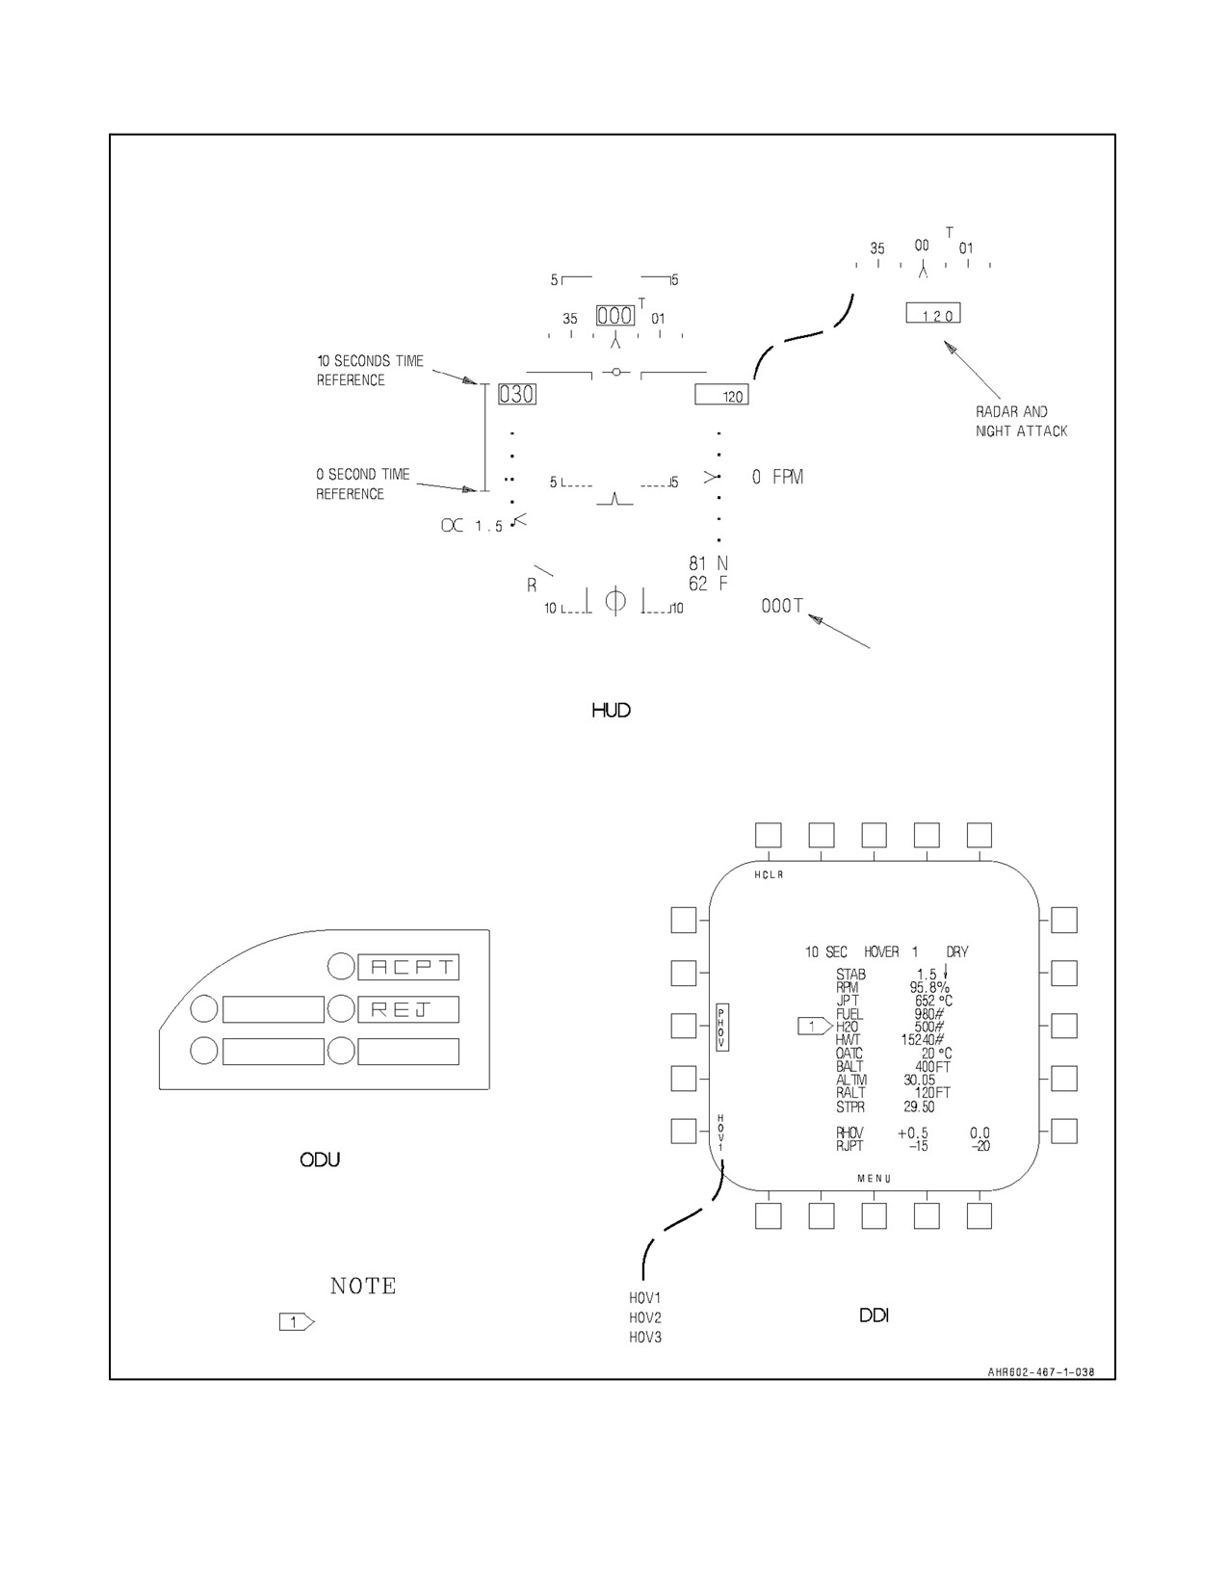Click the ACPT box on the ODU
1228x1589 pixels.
click(x=408, y=967)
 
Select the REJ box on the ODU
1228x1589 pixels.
click(x=408, y=1009)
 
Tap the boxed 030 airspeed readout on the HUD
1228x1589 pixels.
click(x=517, y=394)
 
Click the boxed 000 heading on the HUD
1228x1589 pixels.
click(x=615, y=315)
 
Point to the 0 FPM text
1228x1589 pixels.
click(x=777, y=477)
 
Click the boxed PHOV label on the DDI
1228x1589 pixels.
click(x=722, y=1028)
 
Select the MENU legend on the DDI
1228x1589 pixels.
click(x=874, y=1178)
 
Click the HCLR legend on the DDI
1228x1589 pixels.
click(x=769, y=874)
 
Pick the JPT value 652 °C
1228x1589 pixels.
click(x=933, y=1001)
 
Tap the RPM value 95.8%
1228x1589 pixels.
click(x=929, y=987)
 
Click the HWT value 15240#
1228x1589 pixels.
click(x=923, y=1039)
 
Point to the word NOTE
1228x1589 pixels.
click(x=363, y=1286)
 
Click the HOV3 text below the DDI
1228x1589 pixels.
click(x=645, y=1337)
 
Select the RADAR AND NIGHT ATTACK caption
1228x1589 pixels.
click(x=1021, y=421)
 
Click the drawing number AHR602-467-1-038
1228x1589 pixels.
click(x=1041, y=1371)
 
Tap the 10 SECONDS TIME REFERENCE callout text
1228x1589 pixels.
click(x=370, y=370)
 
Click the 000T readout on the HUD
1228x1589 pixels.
click(x=782, y=606)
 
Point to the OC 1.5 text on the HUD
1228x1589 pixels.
click(x=472, y=526)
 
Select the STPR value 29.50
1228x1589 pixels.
click(x=919, y=1107)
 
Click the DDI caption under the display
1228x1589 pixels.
click(x=874, y=1315)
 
